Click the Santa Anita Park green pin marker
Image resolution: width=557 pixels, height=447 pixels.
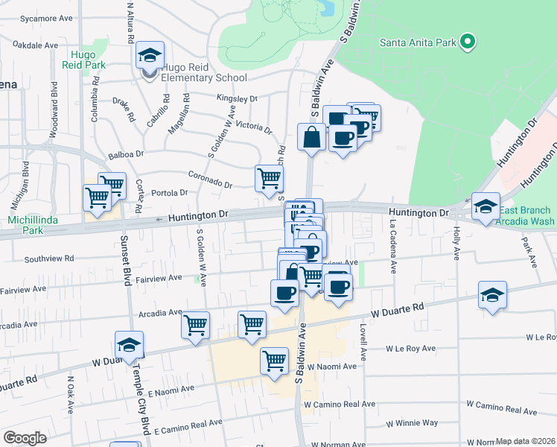[x=468, y=42]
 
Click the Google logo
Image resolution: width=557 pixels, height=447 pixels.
[x=25, y=438]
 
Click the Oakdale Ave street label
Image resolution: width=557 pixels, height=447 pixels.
[x=36, y=45]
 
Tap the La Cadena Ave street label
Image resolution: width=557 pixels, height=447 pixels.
[x=392, y=241]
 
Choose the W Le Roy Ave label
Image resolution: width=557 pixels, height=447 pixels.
[x=410, y=348]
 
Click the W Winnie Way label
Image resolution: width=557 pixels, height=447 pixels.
[x=412, y=423]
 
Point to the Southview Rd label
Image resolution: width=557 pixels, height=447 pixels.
[x=49, y=259]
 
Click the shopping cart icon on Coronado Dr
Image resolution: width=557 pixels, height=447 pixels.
[x=269, y=179]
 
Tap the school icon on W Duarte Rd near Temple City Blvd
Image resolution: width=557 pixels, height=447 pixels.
[x=129, y=345]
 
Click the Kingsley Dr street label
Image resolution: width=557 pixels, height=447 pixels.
[x=236, y=98]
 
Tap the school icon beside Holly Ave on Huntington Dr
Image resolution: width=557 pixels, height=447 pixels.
[x=486, y=206]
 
